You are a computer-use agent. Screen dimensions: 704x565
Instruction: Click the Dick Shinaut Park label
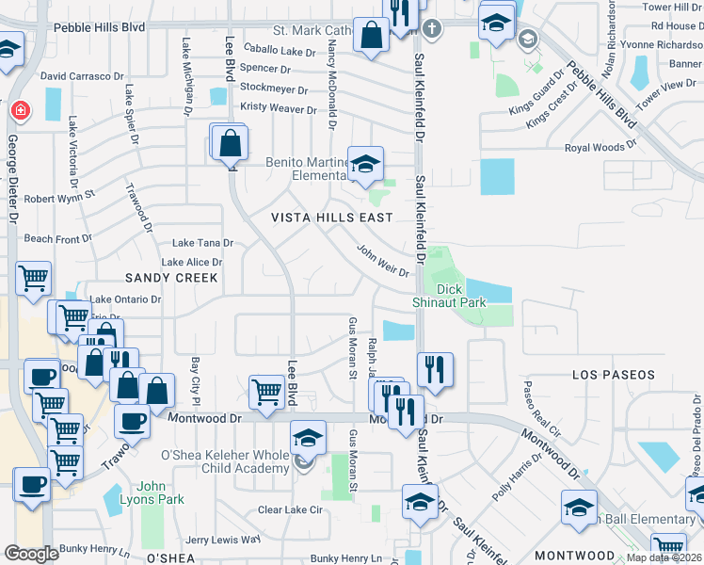pos(449,296)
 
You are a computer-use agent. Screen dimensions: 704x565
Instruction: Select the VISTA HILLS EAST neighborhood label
pos(332,218)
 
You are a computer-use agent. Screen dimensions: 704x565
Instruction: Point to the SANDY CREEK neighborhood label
pos(172,278)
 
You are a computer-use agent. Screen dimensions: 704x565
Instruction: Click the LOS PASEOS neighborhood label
pos(613,375)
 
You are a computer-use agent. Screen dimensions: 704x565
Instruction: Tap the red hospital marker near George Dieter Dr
pos(19,111)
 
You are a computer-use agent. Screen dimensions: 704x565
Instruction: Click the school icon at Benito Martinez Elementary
pos(365,164)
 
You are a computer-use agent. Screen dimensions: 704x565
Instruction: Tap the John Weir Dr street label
pos(383,261)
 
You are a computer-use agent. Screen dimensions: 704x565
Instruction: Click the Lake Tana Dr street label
pos(201,243)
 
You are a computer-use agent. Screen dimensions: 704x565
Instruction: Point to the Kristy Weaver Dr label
pos(279,109)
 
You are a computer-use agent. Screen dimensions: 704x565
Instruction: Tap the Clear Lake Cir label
pos(291,510)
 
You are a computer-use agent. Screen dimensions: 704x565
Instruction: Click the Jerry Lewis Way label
pos(222,540)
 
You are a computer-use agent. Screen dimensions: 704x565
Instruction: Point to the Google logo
pos(31,553)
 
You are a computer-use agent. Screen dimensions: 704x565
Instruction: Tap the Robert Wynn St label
pos(60,199)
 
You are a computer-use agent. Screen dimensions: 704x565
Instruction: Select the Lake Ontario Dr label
pos(125,299)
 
